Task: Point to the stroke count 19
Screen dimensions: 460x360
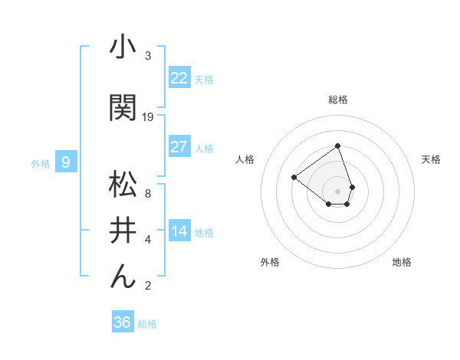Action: tap(148, 117)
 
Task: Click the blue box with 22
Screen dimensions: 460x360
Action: tap(179, 77)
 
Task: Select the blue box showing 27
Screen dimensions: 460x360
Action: tap(179, 147)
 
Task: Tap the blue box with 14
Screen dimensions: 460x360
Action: tap(179, 231)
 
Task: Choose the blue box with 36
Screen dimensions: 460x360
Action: tap(122, 322)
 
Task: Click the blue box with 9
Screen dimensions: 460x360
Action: tap(66, 162)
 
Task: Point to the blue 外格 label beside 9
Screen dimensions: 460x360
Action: tap(41, 163)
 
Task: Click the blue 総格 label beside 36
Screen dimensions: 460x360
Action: tap(147, 324)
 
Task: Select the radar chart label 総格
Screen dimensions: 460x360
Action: tap(337, 100)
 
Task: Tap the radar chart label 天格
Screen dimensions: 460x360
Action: tap(431, 159)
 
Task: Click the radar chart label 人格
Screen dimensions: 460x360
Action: tap(245, 159)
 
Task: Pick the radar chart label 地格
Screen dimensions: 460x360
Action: tap(402, 262)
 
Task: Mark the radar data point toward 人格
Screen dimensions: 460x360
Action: tap(294, 178)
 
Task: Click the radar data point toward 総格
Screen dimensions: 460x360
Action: tap(337, 146)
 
